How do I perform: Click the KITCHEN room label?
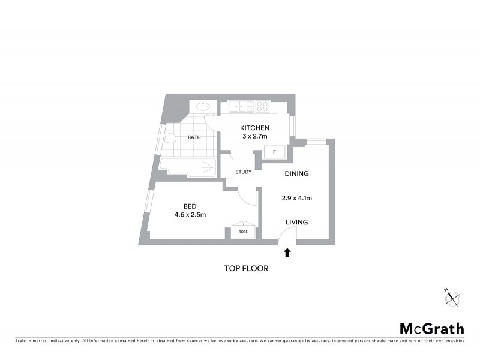pyautogui.click(x=254, y=128)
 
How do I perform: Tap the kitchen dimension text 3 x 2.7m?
pyautogui.click(x=254, y=137)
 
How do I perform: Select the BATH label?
pyautogui.click(x=194, y=137)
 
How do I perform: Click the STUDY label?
pyautogui.click(x=243, y=172)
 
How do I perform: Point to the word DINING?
pyautogui.click(x=296, y=174)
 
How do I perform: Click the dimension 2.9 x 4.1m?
pyautogui.click(x=296, y=198)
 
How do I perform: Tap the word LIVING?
pyautogui.click(x=296, y=222)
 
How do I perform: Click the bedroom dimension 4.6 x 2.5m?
pyautogui.click(x=190, y=215)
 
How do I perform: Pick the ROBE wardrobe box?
pyautogui.click(x=244, y=232)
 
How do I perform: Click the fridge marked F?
pyautogui.click(x=274, y=152)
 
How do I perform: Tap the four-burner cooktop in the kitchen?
pyautogui.click(x=262, y=107)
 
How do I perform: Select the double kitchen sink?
pyautogui.click(x=239, y=107)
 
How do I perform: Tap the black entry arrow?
pyautogui.click(x=287, y=253)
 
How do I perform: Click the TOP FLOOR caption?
pyautogui.click(x=246, y=269)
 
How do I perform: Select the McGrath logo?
pyautogui.click(x=431, y=328)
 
